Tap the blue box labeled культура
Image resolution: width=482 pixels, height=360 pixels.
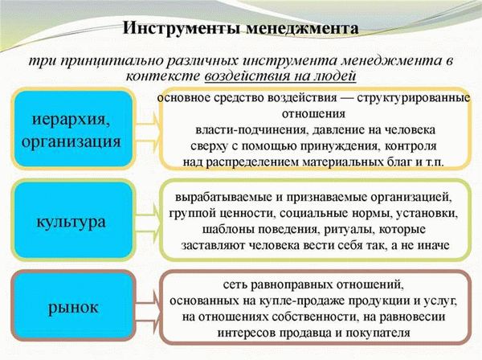72,218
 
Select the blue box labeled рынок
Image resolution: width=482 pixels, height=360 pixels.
72,306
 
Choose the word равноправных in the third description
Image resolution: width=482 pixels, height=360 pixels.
288,285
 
